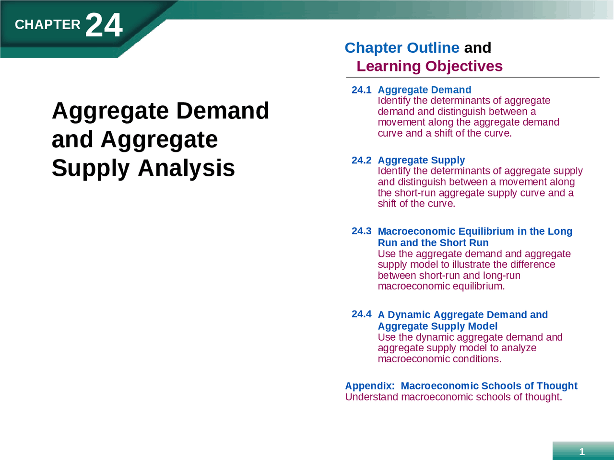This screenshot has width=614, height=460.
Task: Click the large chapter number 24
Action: (104, 25)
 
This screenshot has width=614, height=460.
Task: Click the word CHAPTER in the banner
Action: (47, 24)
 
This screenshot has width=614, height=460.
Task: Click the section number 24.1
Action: (361, 90)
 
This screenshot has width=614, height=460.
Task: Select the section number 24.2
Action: (361, 160)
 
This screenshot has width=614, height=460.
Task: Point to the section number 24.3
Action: (361, 231)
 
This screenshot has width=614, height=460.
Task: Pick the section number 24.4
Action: (361, 314)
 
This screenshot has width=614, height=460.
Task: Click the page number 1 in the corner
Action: (582, 451)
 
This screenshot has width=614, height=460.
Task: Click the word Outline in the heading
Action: (433, 47)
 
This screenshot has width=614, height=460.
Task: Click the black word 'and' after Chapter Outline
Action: (477, 47)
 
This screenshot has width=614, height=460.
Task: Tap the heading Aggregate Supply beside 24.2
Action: (421, 160)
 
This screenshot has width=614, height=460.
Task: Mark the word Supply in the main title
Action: (91, 168)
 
